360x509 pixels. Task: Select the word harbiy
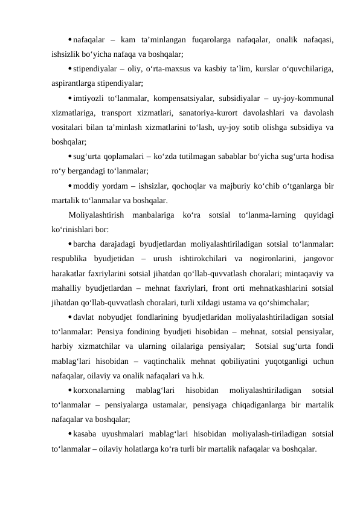point(64,346)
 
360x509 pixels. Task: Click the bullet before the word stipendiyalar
point(69,68)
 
